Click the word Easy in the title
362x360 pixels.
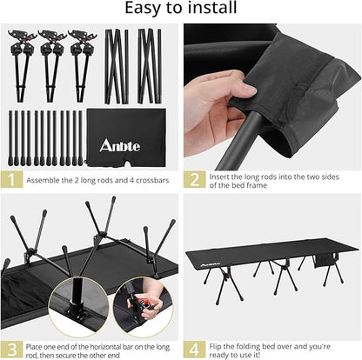pyautogui.click(x=143, y=10)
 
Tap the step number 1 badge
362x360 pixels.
pyautogui.click(x=10, y=181)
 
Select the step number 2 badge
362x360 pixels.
pyautogui.click(x=195, y=181)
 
